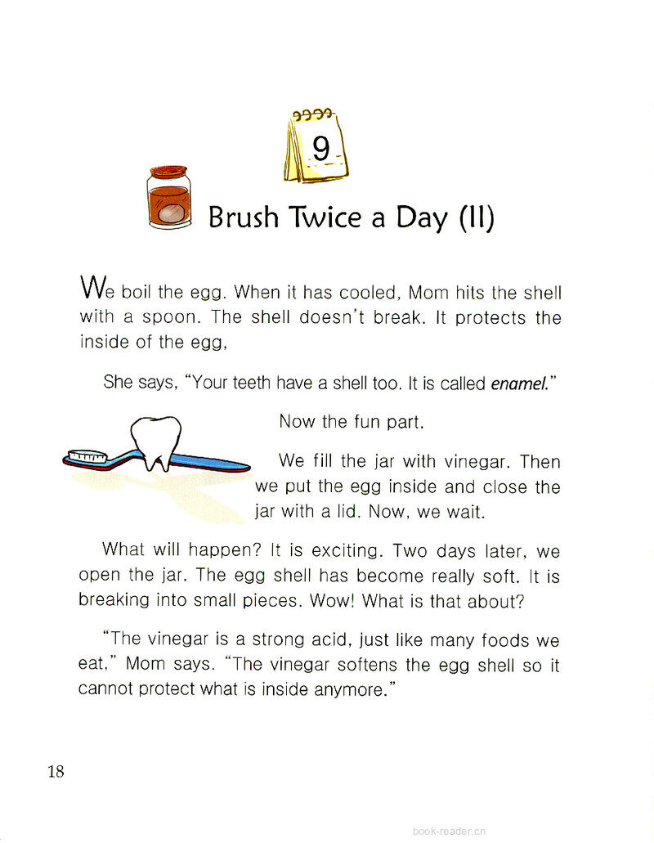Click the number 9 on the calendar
pos(320,150)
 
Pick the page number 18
pos(56,770)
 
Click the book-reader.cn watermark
pos(449,830)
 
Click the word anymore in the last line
pos(347,689)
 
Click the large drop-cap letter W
pos(92,288)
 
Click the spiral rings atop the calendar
pos(313,115)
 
